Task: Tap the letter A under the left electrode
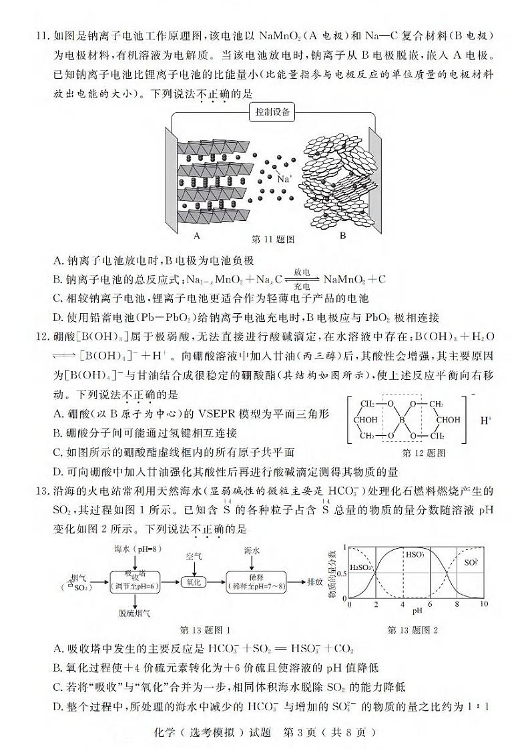196,236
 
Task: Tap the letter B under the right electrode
343,236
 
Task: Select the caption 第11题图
273,238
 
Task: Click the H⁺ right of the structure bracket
485,421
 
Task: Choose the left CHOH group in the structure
367,421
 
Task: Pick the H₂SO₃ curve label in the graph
362,569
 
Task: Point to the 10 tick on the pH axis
484,604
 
